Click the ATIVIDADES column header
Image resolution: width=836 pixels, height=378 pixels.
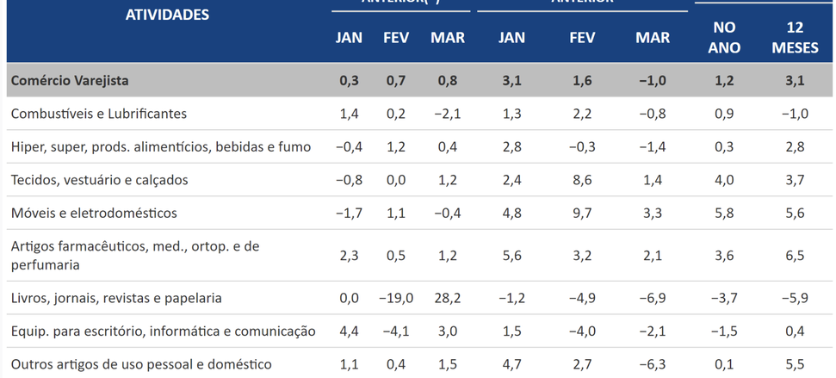click(x=167, y=15)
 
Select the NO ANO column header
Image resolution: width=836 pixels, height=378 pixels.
click(x=724, y=38)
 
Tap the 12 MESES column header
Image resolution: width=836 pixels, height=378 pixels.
click(x=795, y=38)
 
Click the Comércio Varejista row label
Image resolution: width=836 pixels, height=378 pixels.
click(x=70, y=80)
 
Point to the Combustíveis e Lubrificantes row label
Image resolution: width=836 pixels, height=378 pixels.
click(x=99, y=114)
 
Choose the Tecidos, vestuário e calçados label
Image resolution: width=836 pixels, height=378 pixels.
click(x=99, y=180)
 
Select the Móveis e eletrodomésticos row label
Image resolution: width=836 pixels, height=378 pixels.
click(x=94, y=213)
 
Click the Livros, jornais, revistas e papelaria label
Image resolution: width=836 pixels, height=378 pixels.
click(x=116, y=298)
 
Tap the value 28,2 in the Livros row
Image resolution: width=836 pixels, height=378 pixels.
click(x=448, y=298)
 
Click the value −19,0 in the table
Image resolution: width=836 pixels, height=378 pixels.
click(x=396, y=298)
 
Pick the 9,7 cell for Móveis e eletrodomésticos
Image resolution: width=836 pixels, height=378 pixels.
click(x=582, y=213)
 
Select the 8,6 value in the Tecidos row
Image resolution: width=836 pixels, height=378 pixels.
click(x=582, y=180)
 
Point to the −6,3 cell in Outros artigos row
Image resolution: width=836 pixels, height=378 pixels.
click(x=652, y=364)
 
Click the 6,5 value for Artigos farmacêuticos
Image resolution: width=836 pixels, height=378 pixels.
click(x=795, y=256)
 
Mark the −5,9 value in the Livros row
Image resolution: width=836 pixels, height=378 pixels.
click(x=795, y=298)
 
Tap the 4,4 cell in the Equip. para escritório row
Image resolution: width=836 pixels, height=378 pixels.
click(x=349, y=332)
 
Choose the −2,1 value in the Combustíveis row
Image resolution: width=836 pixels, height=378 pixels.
click(x=448, y=114)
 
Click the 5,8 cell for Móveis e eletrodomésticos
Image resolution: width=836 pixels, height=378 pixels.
click(x=724, y=213)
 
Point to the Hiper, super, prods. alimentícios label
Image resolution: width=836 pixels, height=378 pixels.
click(x=161, y=146)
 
